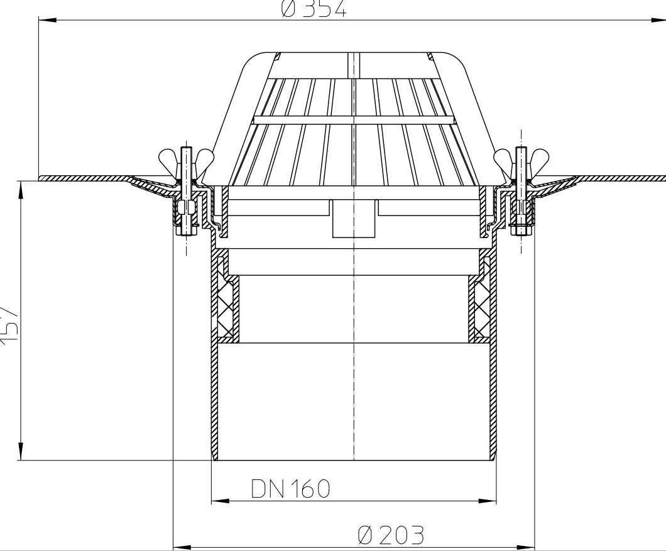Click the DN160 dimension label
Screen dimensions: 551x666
point(290,489)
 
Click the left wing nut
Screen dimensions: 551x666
point(185,156)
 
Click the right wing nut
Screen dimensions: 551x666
point(521,156)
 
